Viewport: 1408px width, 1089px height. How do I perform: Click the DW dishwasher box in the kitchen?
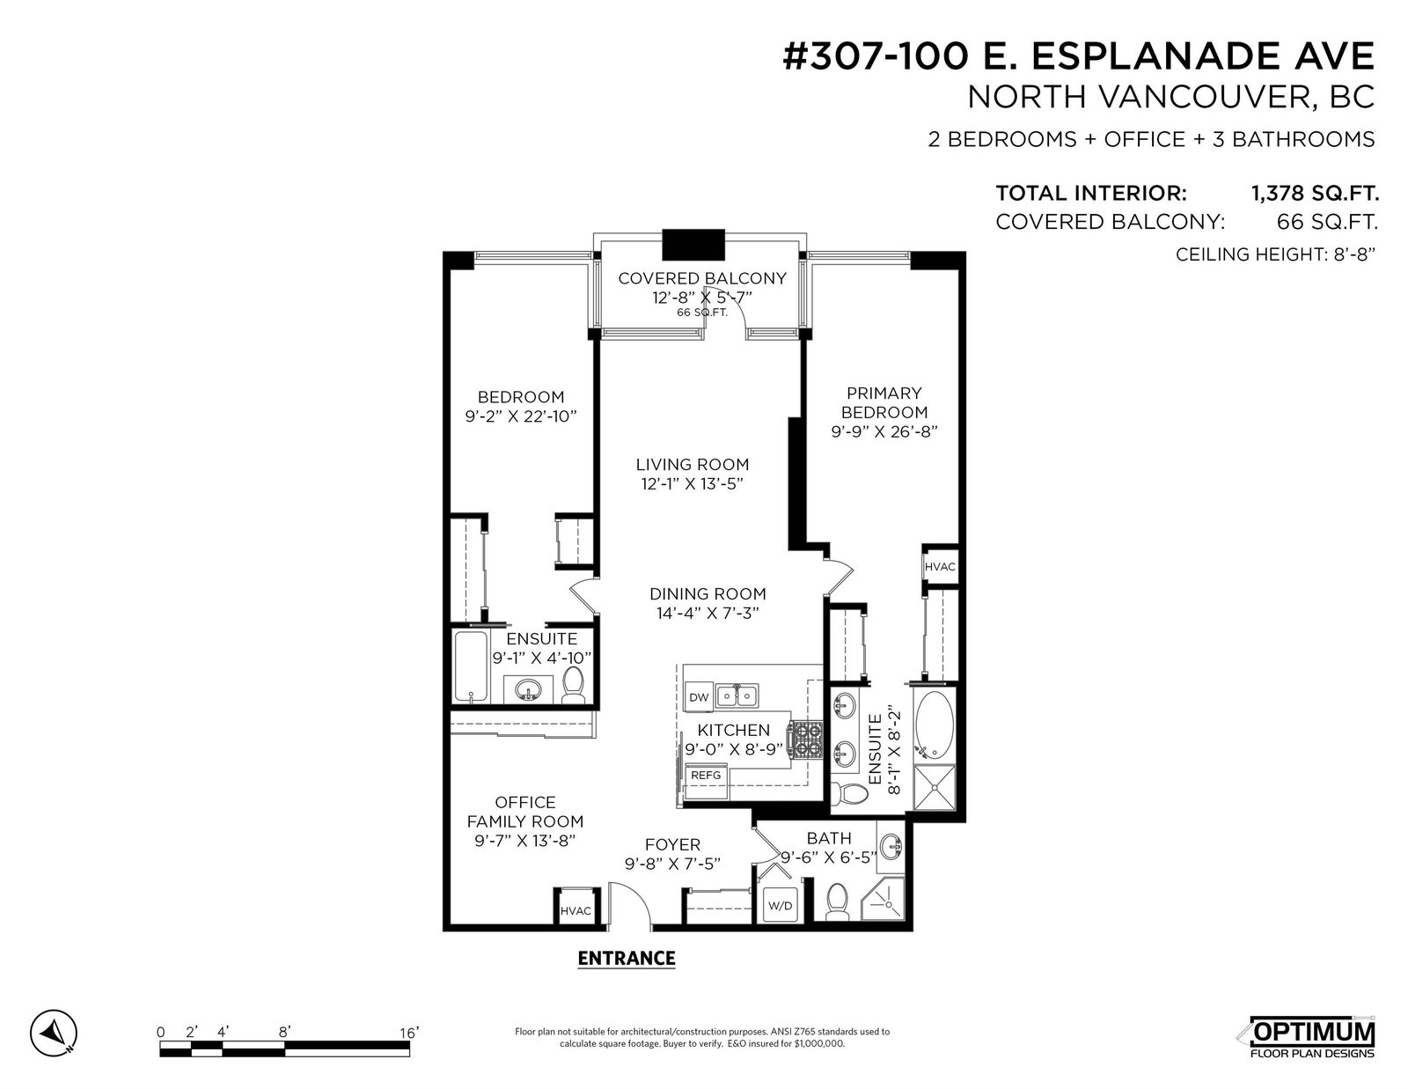(x=699, y=697)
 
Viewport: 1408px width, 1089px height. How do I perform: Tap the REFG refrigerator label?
(x=706, y=776)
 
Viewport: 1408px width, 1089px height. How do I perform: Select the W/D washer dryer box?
(x=781, y=905)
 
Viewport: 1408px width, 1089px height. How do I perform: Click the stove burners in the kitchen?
(x=805, y=741)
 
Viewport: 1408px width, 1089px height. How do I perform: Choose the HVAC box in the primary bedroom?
(x=940, y=567)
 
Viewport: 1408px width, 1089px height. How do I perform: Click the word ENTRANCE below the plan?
(x=626, y=959)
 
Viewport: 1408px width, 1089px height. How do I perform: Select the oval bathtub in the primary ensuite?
(x=935, y=725)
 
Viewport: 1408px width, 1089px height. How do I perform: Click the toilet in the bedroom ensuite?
(x=573, y=686)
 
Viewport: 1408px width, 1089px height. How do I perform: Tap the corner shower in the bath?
(x=883, y=900)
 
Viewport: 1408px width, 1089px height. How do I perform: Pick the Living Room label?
(x=692, y=464)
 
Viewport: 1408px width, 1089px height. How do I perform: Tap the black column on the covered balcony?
(x=693, y=245)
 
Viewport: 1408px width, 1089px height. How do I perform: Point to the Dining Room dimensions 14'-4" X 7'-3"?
(x=708, y=614)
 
